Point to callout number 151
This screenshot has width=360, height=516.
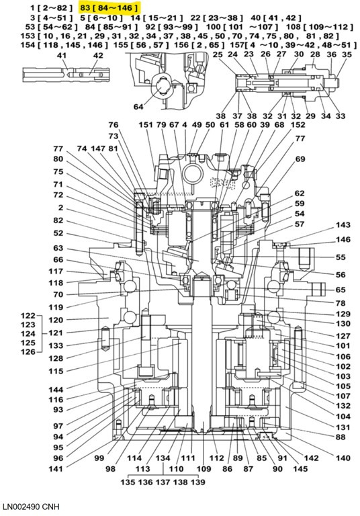pyautogui.click(x=146, y=126)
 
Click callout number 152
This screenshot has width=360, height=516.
pyautogui.click(x=298, y=126)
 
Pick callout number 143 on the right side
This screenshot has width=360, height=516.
pyautogui.click(x=343, y=226)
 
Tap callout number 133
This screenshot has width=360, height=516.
pyautogui.click(x=56, y=345)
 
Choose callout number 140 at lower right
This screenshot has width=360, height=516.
pyautogui.click(x=343, y=458)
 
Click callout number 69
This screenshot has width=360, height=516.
pyautogui.click(x=300, y=159)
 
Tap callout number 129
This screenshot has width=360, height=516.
pyautogui.click(x=343, y=314)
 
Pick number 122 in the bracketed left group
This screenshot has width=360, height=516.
pyautogui.click(x=28, y=316)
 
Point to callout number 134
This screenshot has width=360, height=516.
pyautogui.click(x=163, y=458)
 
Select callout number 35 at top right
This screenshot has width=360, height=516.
pyautogui.click(x=347, y=54)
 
